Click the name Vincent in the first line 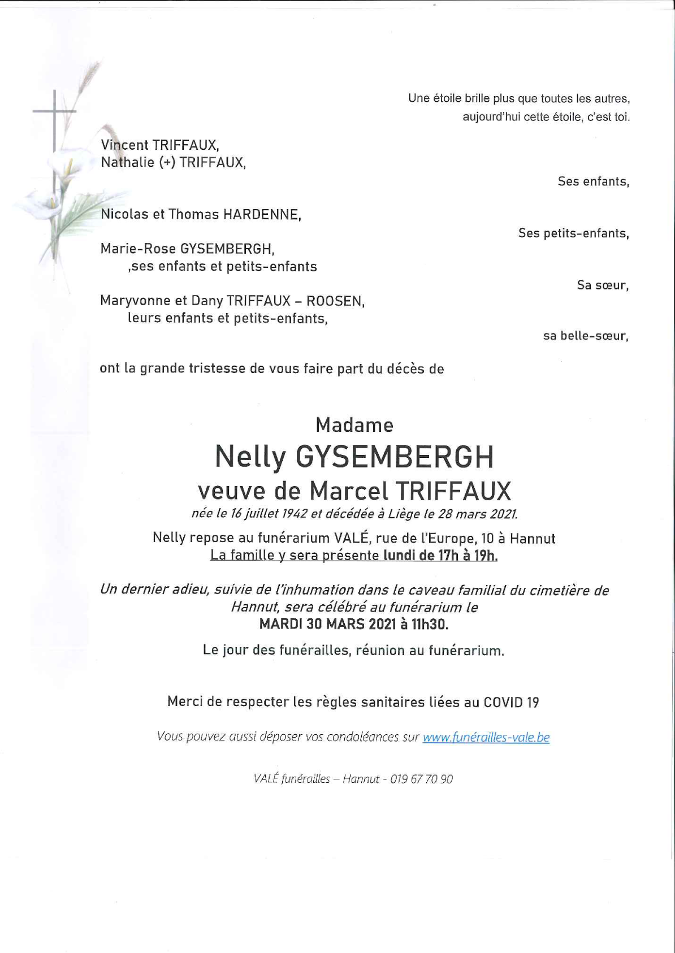coord(124,145)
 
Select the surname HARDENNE coord(262,215)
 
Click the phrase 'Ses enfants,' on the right coord(593,181)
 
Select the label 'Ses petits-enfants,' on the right coord(573,233)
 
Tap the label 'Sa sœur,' coord(602,285)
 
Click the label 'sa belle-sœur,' coord(586,336)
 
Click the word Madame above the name coord(354,425)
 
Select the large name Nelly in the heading coord(251,457)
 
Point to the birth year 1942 coord(294,514)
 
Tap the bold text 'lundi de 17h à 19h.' coord(440,556)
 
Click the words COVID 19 coord(511,703)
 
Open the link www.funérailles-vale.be coord(486,737)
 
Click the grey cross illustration coord(55,119)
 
